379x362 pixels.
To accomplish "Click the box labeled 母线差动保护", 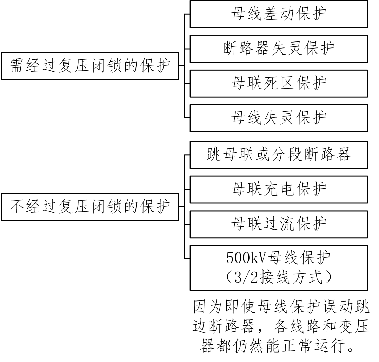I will point(279,14).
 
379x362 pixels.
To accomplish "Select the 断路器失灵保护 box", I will point(279,49).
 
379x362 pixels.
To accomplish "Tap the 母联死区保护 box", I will point(279,83).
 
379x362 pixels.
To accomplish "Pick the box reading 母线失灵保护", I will point(279,118).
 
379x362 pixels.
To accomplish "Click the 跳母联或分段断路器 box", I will point(279,155).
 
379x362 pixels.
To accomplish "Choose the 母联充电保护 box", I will point(279,189).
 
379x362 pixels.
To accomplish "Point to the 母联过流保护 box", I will point(279,224).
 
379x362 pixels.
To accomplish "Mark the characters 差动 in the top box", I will point(279,14).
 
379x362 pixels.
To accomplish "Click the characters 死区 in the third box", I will point(279,83).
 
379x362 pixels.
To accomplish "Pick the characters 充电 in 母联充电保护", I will point(279,189).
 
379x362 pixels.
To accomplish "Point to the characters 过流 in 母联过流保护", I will point(279,224).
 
